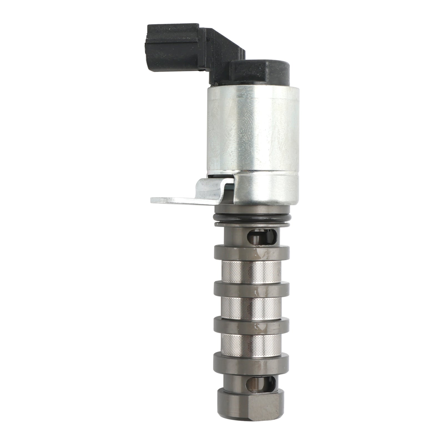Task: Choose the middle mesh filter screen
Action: click(251, 307)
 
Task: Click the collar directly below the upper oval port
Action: click(251, 252)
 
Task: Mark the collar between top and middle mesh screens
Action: click(251, 289)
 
